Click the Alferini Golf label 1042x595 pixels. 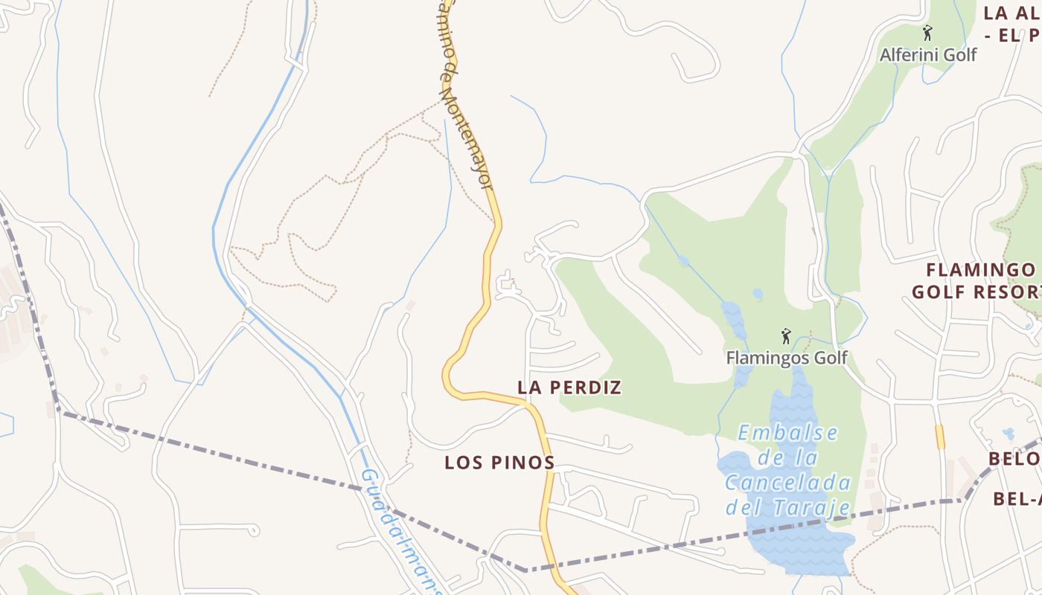click(928, 55)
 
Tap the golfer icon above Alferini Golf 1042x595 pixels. click(927, 33)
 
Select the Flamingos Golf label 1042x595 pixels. click(787, 358)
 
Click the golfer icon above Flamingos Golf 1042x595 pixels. click(785, 337)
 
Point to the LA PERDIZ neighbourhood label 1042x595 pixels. click(569, 387)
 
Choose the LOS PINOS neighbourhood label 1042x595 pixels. click(499, 463)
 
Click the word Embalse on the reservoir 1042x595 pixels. click(788, 433)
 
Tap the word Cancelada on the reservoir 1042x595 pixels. click(788, 483)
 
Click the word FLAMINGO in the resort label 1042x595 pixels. click(983, 269)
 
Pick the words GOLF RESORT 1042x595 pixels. click(976, 292)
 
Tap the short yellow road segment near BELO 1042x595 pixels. click(940, 437)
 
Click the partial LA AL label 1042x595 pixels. click(1011, 13)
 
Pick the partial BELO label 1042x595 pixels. click(1014, 459)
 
